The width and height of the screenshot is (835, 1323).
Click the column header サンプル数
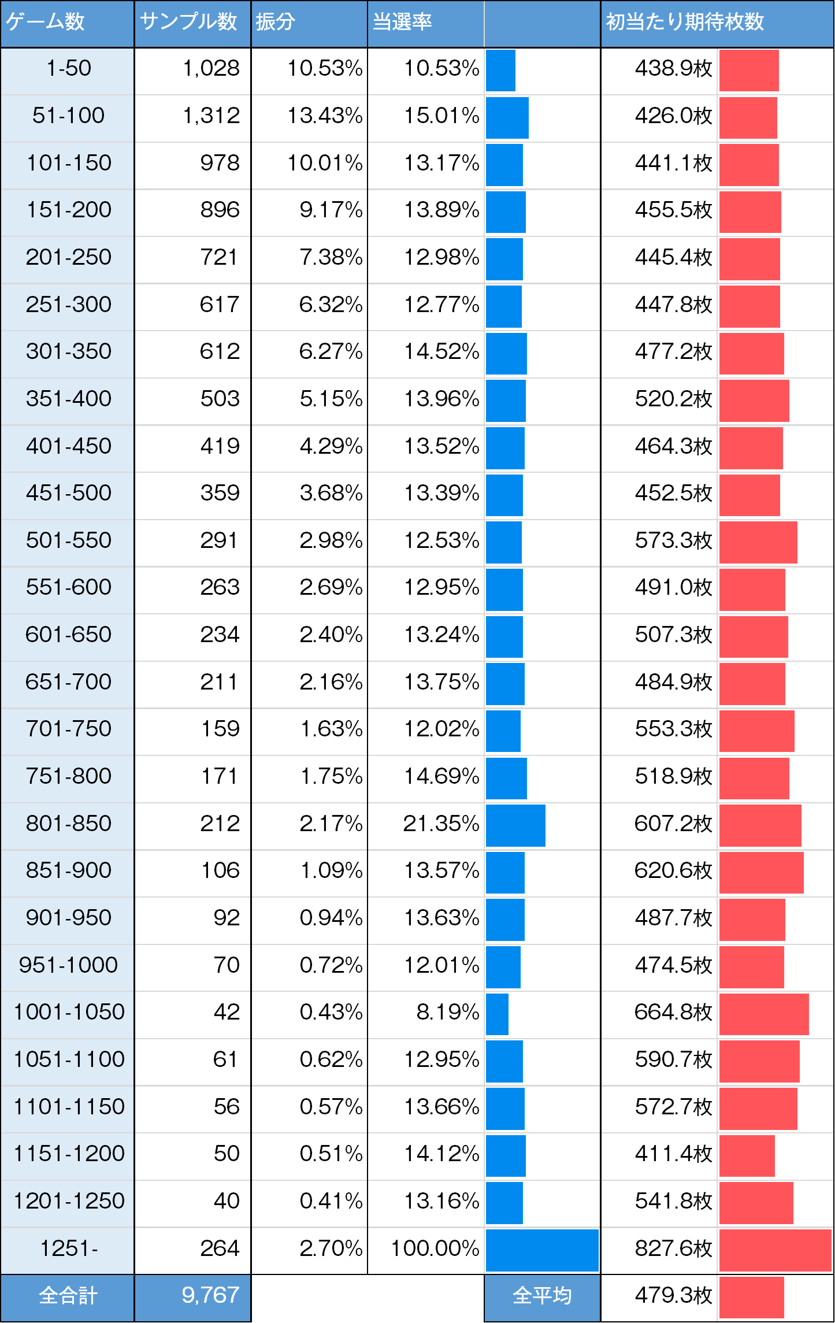point(188,22)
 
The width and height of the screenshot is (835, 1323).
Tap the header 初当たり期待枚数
point(685,22)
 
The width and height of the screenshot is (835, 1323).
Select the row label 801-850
point(68,823)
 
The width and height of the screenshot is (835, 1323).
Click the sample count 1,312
point(211,116)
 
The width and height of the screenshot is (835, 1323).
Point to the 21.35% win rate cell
point(441,823)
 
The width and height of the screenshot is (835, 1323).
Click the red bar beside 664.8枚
point(763,1014)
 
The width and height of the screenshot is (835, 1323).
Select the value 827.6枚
point(673,1248)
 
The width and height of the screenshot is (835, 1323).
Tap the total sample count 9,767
point(210,1295)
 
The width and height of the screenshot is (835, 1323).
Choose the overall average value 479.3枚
point(673,1295)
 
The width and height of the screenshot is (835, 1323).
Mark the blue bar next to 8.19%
point(497,1014)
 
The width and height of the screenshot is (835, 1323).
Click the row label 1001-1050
point(68,1012)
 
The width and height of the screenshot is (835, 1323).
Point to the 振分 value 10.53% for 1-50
point(325,68)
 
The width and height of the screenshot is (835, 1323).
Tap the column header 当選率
point(402,22)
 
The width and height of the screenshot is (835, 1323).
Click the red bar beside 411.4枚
point(747,1155)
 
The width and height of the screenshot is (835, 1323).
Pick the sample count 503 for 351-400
point(220,399)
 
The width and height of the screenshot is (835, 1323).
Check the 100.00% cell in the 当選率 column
point(435,1248)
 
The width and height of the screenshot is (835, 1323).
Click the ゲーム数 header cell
point(45,22)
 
